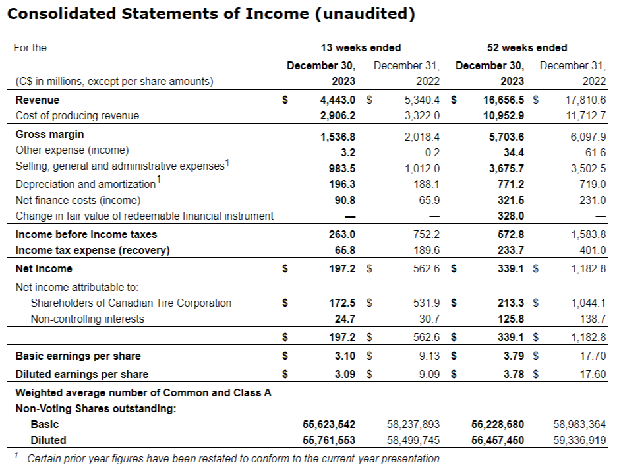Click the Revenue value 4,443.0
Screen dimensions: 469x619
(x=338, y=100)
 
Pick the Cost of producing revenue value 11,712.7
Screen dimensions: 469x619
(x=586, y=115)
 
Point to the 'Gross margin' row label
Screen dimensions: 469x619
(x=50, y=134)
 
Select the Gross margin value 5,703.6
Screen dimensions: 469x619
(x=506, y=137)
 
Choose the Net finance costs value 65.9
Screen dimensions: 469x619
(x=429, y=200)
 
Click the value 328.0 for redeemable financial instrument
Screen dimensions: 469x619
(x=512, y=216)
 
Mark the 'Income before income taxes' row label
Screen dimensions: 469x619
(x=86, y=234)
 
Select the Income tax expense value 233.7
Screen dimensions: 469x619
(x=512, y=250)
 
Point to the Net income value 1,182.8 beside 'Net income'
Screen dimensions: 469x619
(x=588, y=268)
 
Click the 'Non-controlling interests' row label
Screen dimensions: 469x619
(x=88, y=319)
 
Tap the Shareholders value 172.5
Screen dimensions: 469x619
(x=342, y=303)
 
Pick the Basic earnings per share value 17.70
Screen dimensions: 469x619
(x=593, y=356)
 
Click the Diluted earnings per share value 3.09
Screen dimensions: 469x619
(x=344, y=374)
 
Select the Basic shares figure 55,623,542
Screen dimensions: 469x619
(x=328, y=424)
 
